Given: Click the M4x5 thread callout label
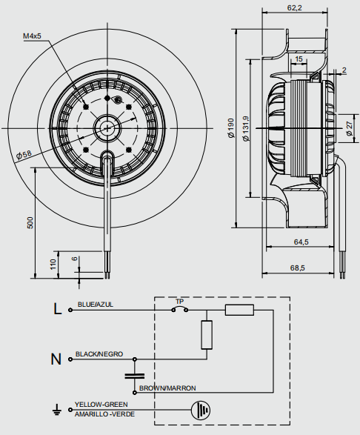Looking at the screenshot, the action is click(32, 36).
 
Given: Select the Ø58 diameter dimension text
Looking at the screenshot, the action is click(24, 155).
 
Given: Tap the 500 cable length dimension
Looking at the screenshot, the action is click(30, 223).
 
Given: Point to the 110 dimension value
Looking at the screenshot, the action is click(53, 264).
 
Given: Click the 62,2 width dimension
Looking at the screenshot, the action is click(294, 7).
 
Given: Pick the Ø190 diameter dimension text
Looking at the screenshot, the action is click(231, 128).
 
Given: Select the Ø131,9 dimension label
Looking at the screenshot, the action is click(246, 128).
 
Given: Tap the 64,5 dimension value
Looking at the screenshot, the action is click(301, 242).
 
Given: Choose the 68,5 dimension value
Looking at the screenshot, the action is click(297, 268).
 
